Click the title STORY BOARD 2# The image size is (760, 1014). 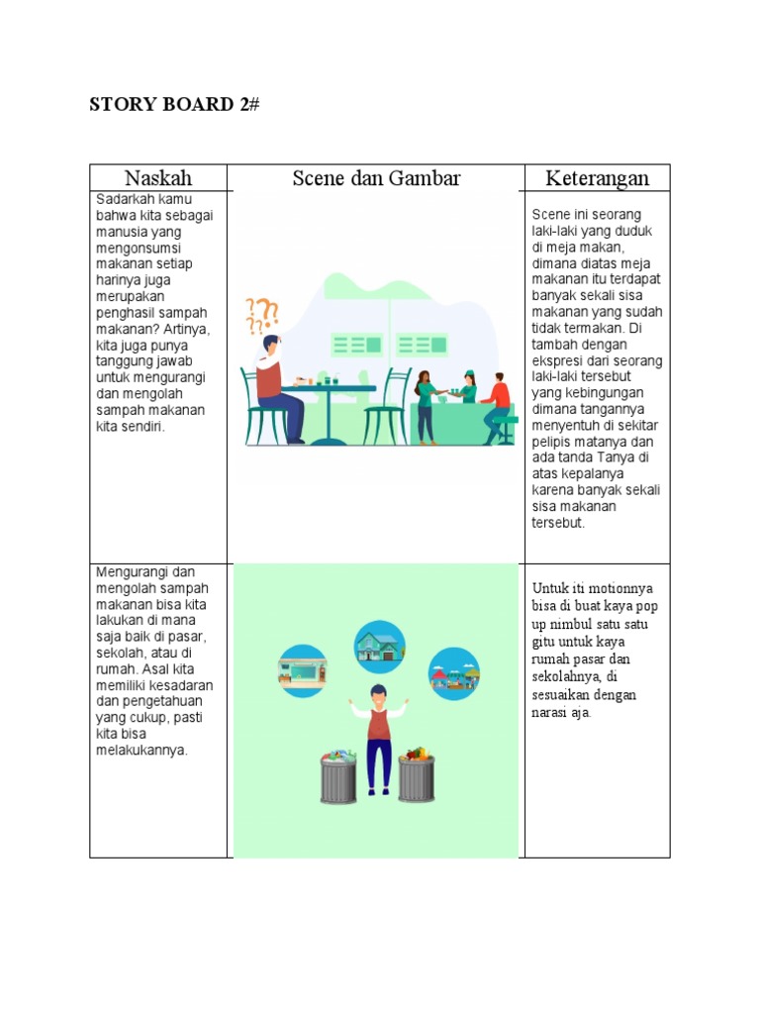(x=173, y=105)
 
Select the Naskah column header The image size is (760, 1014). (x=158, y=178)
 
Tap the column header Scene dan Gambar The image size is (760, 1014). (x=376, y=178)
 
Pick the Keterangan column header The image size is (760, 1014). (x=598, y=178)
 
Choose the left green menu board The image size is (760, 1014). (x=357, y=345)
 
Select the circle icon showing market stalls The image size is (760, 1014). (x=453, y=672)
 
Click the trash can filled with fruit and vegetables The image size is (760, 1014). (x=416, y=775)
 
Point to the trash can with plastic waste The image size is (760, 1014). (x=337, y=777)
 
